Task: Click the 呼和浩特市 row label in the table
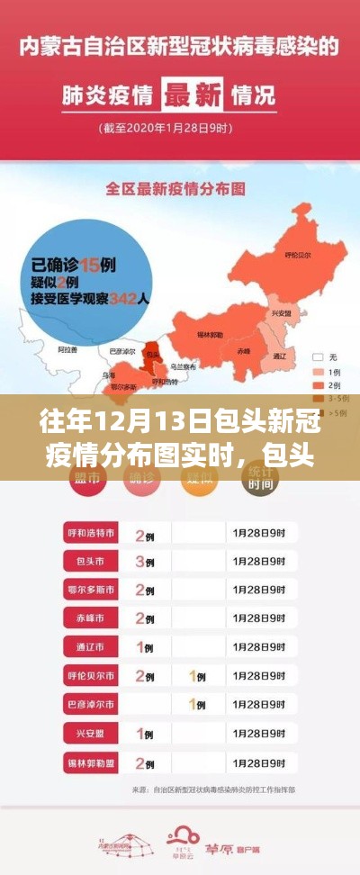[x=92, y=534]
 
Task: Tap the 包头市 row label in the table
[x=92, y=562]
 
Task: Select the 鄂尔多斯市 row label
[x=92, y=590]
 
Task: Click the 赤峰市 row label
[x=92, y=618]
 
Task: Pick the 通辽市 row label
[x=92, y=646]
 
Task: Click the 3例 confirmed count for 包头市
[x=144, y=562]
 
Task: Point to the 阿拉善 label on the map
[x=67, y=347]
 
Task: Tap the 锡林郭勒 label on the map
[x=210, y=334]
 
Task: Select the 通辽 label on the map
[x=279, y=356]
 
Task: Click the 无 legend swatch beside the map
[x=318, y=357]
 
